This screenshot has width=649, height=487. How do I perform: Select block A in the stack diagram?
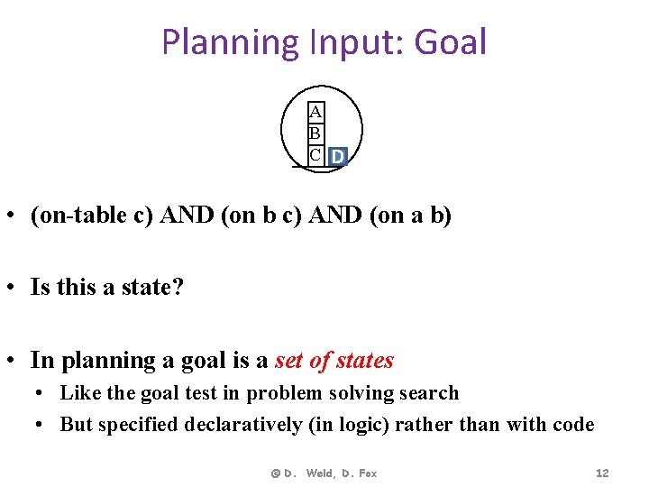point(315,113)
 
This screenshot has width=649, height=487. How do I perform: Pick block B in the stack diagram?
point(315,134)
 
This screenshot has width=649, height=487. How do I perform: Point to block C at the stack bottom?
point(315,155)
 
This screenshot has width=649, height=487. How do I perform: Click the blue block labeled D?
point(337,157)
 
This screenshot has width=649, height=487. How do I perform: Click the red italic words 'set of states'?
point(334,361)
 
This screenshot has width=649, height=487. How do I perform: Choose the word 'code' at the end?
point(573,424)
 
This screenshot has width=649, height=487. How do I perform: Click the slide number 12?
point(602,473)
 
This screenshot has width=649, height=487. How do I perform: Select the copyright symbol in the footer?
point(276,473)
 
